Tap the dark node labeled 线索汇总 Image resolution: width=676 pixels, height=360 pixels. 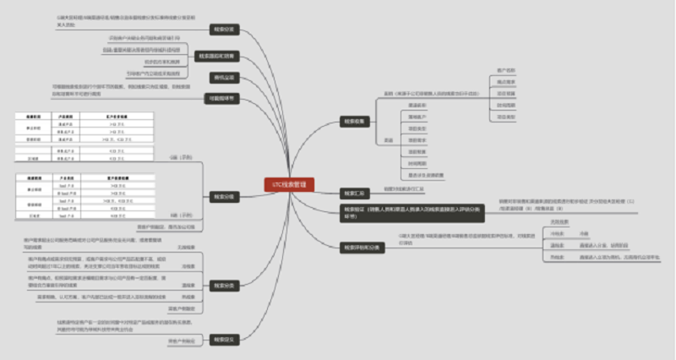[x=352, y=193]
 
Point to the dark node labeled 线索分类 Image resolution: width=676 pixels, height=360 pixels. [x=223, y=285]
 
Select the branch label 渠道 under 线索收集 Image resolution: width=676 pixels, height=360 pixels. [x=390, y=140]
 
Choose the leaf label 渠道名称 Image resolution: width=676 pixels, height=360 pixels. [x=417, y=104]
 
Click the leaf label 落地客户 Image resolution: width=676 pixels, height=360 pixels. [x=417, y=116]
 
